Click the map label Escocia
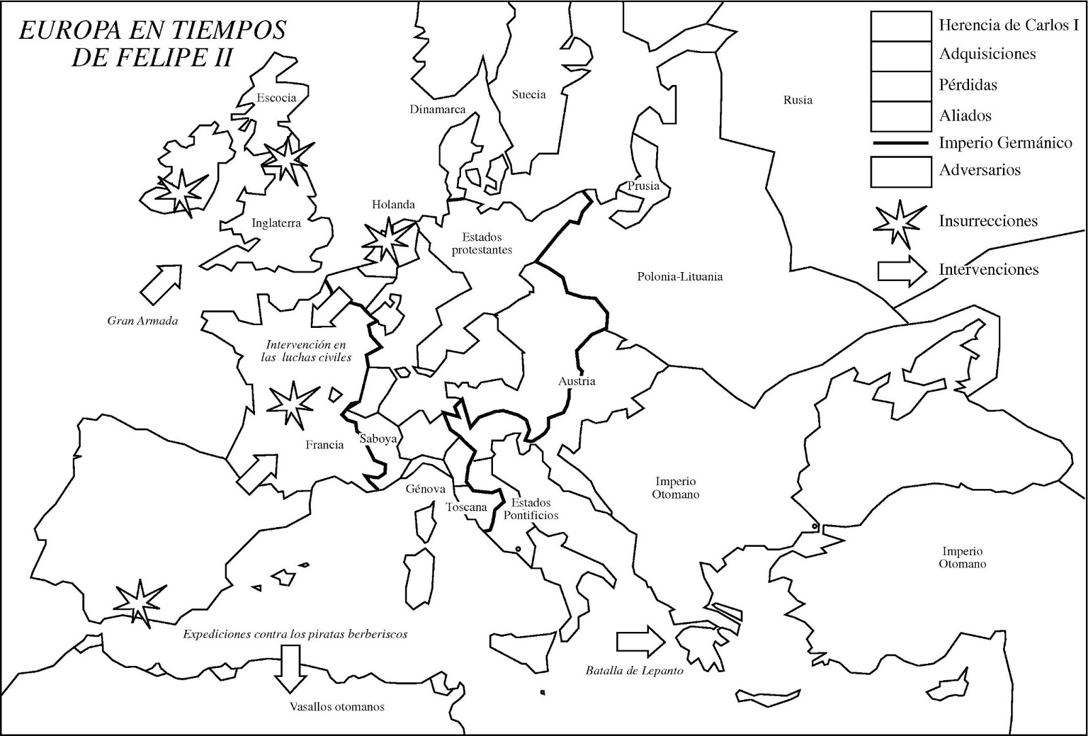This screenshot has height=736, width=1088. [x=276, y=98]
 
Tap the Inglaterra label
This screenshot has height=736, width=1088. [x=276, y=223]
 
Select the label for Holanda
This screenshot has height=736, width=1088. [x=393, y=205]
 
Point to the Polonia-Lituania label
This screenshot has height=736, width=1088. [x=679, y=277]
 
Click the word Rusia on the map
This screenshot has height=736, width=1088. [x=798, y=100]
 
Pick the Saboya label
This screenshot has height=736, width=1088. [x=378, y=439]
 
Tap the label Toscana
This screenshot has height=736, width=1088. [x=466, y=507]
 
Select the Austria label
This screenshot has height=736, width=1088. [x=577, y=381]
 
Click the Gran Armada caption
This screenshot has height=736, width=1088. [x=143, y=320]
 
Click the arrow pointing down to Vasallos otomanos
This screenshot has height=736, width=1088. [x=290, y=668]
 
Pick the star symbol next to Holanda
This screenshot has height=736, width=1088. [x=388, y=239]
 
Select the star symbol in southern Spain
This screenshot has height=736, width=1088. [x=139, y=602]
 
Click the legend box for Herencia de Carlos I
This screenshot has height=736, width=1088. [x=900, y=26]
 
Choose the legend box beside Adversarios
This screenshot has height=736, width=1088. [x=900, y=171]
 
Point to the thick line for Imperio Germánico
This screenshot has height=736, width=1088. [x=900, y=143]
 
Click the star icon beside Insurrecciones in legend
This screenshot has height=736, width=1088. [x=899, y=223]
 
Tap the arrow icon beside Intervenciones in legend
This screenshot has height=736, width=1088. [x=902, y=270]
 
